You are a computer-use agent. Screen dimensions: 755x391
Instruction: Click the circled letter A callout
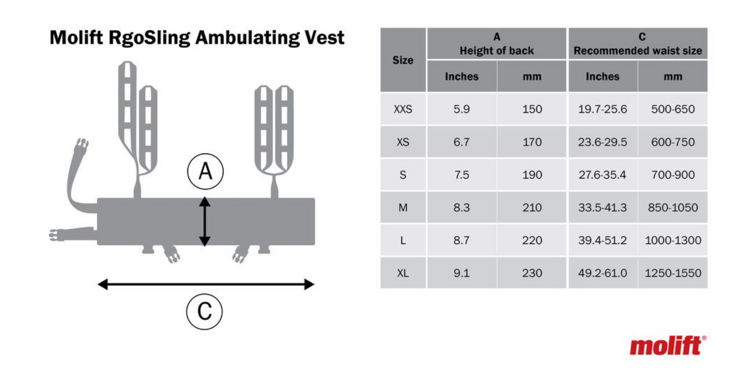pos(205,171)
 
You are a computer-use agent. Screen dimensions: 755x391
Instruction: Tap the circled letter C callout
pos(204,311)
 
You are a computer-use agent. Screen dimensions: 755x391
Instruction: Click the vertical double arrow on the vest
pos(204,221)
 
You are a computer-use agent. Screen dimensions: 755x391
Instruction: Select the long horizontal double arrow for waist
pos(206,284)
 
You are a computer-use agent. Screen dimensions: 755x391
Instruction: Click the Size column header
pos(403,60)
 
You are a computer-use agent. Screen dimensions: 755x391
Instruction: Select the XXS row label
pos(403,109)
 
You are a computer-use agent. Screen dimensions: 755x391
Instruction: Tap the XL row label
pos(403,273)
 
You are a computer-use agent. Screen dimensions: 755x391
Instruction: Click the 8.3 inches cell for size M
pos(461,207)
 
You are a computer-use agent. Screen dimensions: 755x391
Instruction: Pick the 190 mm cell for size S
pos(532,175)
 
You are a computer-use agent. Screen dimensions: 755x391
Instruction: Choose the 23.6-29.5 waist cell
pos(602,142)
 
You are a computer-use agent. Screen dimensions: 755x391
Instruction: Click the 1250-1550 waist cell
pos(673,273)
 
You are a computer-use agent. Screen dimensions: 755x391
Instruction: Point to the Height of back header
pos(497,51)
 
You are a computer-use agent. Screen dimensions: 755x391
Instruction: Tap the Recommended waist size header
pos(638,51)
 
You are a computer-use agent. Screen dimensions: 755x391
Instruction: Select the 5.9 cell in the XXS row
pos(461,109)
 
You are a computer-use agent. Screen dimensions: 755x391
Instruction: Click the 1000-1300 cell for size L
pos(673,240)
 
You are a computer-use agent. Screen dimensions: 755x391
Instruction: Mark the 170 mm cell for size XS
pos(532,142)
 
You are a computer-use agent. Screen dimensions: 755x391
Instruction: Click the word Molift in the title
pos(76,37)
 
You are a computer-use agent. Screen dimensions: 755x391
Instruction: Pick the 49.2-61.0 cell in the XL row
pos(602,273)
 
